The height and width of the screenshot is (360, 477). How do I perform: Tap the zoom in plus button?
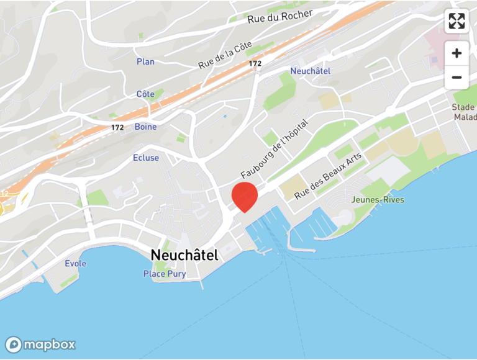point(457,53)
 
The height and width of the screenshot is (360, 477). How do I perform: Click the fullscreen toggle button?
point(457,21)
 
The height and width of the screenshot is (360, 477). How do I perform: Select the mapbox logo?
point(40,344)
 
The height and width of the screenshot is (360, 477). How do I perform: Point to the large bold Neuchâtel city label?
point(184,254)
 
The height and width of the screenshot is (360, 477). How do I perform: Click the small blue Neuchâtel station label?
point(311,71)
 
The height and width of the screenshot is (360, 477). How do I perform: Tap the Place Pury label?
point(165,274)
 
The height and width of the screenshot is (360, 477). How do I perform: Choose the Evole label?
point(76,264)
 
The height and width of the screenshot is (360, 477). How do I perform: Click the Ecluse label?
point(146,158)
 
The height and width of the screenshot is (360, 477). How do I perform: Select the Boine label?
point(145,127)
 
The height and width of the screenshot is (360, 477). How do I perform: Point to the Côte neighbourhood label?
point(145,94)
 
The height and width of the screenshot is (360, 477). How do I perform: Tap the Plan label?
point(145,61)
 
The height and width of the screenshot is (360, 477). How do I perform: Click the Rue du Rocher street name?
point(280,17)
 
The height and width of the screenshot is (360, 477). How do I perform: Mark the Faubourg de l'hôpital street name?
point(275,148)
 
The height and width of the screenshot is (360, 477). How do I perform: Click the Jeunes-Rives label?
point(378,200)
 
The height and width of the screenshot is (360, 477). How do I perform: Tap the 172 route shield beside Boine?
point(117,127)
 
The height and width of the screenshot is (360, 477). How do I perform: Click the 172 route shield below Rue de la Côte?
point(255,63)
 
